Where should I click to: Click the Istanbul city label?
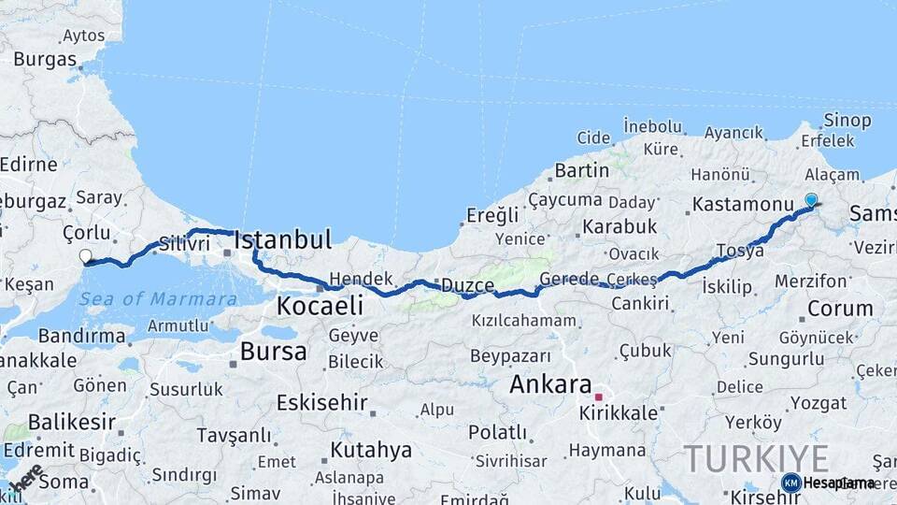[282, 240]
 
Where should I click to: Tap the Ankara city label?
[551, 383]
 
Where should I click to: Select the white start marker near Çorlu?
[86, 255]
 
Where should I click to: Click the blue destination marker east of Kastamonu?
[811, 199]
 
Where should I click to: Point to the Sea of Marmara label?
[158, 299]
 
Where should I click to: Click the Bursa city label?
[273, 352]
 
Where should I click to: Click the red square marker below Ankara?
[598, 397]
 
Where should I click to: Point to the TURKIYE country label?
[756, 459]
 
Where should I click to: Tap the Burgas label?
[45, 59]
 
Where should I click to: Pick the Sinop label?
[847, 121]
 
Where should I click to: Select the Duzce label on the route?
[467, 285]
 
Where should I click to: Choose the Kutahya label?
[371, 450]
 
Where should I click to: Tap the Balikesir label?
[72, 422]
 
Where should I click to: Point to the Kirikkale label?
[618, 412]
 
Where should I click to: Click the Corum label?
[839, 308]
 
